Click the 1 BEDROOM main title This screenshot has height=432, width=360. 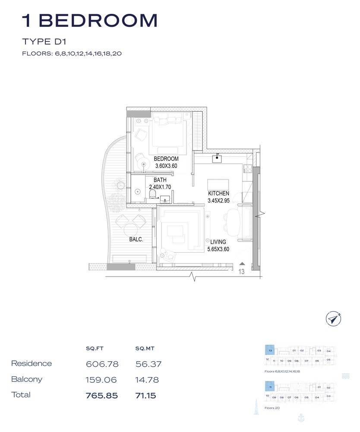(x=90, y=20)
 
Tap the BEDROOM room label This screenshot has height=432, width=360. (x=166, y=159)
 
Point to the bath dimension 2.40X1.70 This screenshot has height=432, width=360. (x=161, y=187)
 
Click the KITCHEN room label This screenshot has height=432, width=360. (x=218, y=194)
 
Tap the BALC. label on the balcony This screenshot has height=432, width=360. (x=136, y=238)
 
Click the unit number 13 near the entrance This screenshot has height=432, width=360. (x=242, y=271)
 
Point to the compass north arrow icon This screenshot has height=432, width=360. (x=334, y=319)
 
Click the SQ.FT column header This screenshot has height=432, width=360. (x=95, y=348)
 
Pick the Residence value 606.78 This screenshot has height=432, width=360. (x=102, y=364)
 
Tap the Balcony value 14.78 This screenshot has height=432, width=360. (x=147, y=380)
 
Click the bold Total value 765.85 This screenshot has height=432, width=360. (x=102, y=396)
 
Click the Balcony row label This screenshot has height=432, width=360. (x=27, y=380)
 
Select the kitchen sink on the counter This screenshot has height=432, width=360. (x=217, y=159)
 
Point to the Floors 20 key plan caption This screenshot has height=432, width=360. (x=272, y=407)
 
